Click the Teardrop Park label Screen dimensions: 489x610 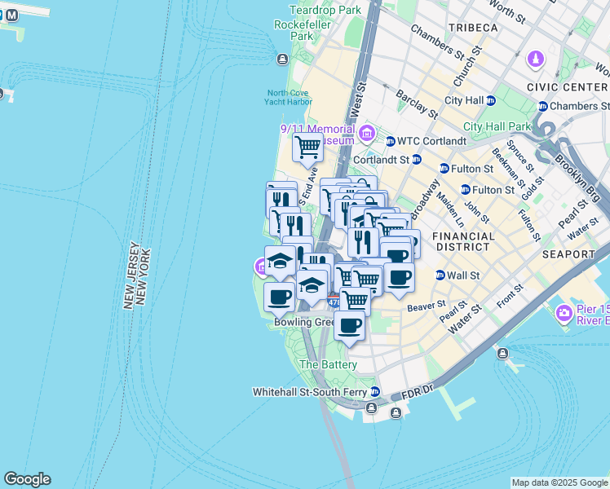[325, 11]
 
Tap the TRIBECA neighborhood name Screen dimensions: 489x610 [471, 28]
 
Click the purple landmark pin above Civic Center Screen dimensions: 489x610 [535, 59]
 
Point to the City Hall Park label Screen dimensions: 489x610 [497, 126]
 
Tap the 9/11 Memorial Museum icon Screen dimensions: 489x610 [365, 133]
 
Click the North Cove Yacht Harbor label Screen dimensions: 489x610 [288, 97]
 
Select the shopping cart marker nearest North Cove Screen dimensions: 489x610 [307, 148]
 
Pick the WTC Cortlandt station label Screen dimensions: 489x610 [431, 141]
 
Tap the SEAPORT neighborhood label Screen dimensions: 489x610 [568, 254]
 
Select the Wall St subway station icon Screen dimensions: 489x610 [440, 275]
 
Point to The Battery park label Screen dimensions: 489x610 [328, 364]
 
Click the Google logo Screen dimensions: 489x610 [27, 479]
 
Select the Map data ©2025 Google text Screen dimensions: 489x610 [559, 482]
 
